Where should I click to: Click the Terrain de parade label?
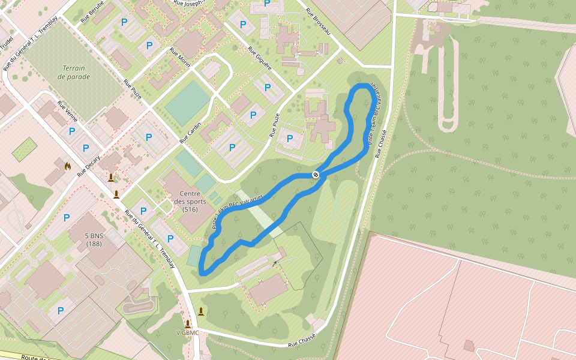(x=74, y=73)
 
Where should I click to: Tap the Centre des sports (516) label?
(x=190, y=202)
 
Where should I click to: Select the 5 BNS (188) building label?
(x=94, y=240)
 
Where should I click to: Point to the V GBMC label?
(x=187, y=332)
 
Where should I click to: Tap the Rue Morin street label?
(x=179, y=58)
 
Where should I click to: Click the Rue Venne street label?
(x=67, y=112)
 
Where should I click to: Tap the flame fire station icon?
(x=67, y=166)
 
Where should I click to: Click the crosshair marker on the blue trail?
(x=316, y=175)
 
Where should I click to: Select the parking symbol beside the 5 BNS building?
(x=67, y=218)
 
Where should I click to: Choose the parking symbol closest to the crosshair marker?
(x=290, y=139)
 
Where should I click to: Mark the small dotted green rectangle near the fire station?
(x=25, y=149)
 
